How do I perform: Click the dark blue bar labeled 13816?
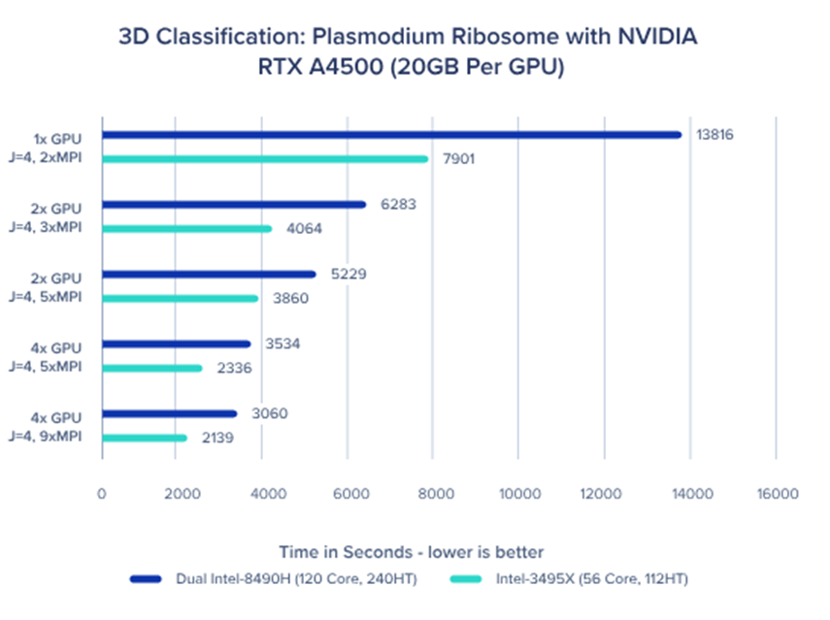[x=391, y=135]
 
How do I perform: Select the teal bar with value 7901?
[x=265, y=159]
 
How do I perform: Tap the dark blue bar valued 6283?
[x=234, y=205]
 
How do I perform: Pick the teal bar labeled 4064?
[x=186, y=229]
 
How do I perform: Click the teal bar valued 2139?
[x=144, y=438]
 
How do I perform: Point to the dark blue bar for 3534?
[x=176, y=343]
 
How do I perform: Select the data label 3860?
[x=289, y=299]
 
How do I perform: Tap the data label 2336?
[x=234, y=369]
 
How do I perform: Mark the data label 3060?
[x=268, y=414]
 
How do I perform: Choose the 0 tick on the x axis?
[x=102, y=494]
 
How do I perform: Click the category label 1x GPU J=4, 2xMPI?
[x=57, y=147]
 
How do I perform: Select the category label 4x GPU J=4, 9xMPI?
[x=57, y=427]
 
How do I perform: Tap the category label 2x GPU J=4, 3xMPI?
[x=57, y=217]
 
